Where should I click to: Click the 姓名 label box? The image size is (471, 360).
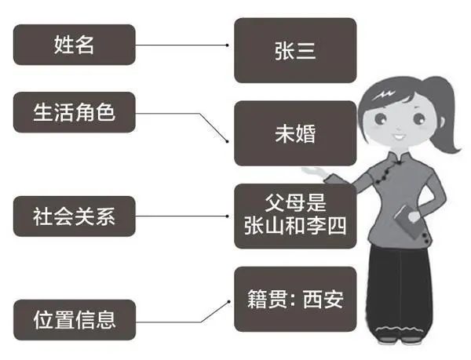coord(75,45)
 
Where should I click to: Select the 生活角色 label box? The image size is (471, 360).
coord(75,111)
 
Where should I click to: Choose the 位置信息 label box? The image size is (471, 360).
coord(75,319)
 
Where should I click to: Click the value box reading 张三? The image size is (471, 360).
coord(295,50)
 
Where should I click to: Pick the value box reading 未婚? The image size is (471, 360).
coord(295,133)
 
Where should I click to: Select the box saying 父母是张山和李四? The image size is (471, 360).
coord(295,212)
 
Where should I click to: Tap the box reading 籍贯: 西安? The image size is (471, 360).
coord(295,299)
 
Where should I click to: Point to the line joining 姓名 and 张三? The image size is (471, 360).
coord(184,45)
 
